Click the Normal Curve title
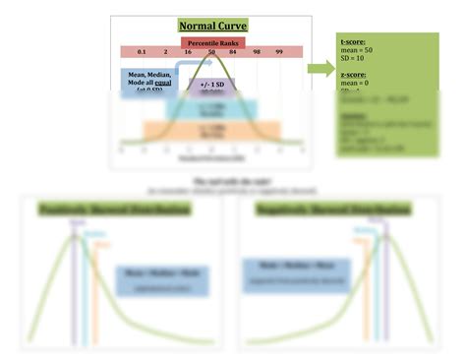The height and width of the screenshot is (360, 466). click(211, 26)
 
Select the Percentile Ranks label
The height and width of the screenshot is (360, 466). click(211, 41)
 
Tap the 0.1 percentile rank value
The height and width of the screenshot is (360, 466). click(142, 51)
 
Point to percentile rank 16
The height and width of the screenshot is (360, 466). click(188, 51)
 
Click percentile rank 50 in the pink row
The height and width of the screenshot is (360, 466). click(211, 51)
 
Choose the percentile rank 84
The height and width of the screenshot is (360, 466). click(234, 51)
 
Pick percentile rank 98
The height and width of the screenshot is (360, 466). click(257, 51)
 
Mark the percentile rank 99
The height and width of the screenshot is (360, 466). click(279, 51)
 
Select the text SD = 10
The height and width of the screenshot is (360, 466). click(353, 59)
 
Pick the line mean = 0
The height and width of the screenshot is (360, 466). click(353, 84)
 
